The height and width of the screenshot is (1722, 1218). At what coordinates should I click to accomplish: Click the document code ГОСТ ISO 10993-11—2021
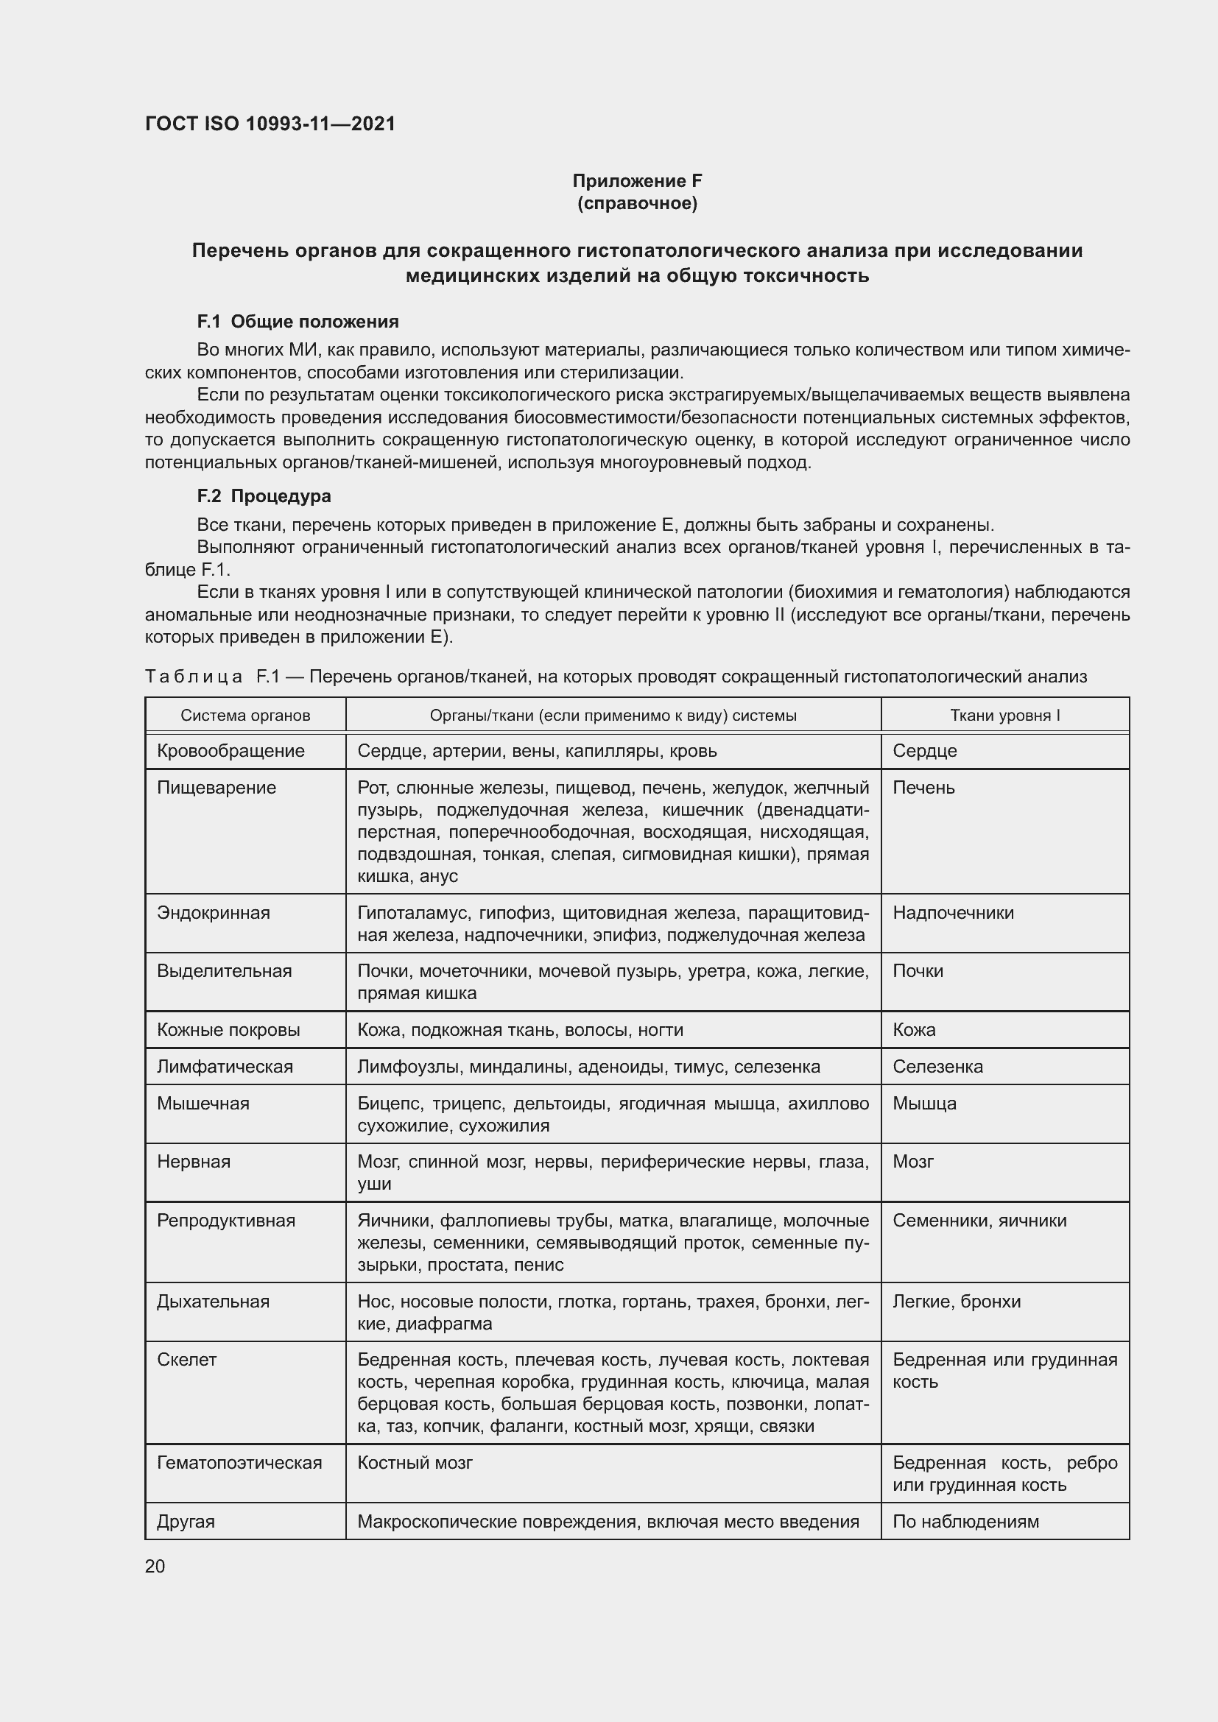(270, 124)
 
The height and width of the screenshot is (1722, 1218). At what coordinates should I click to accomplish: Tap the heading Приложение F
(637, 181)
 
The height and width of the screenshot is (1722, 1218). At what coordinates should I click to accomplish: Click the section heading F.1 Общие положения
(298, 322)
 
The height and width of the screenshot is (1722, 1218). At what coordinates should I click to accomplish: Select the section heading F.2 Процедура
(264, 495)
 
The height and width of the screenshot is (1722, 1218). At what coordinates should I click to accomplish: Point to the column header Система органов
(245, 716)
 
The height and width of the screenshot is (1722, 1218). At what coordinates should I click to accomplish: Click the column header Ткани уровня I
(1004, 716)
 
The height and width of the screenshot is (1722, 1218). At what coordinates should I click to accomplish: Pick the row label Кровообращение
(231, 751)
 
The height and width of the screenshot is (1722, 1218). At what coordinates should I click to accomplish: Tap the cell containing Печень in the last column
(923, 788)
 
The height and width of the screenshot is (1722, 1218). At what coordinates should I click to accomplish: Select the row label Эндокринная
(214, 913)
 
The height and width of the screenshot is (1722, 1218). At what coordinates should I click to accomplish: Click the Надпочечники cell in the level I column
(952, 913)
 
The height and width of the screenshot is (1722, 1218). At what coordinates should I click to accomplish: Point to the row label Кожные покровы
(229, 1030)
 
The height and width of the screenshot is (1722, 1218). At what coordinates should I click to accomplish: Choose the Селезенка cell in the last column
(937, 1067)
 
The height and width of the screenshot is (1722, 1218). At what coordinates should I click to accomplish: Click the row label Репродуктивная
(227, 1220)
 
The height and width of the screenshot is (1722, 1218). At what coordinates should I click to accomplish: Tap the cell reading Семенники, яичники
(979, 1220)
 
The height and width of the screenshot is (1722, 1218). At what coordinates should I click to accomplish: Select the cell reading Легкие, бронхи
(957, 1301)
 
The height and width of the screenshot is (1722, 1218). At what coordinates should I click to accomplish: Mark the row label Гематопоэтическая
(239, 1463)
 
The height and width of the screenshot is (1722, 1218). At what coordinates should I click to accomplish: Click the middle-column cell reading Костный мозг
(415, 1463)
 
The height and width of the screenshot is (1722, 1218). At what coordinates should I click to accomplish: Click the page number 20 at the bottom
(155, 1566)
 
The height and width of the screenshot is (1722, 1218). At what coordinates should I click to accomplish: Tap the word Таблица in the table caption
(194, 677)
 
